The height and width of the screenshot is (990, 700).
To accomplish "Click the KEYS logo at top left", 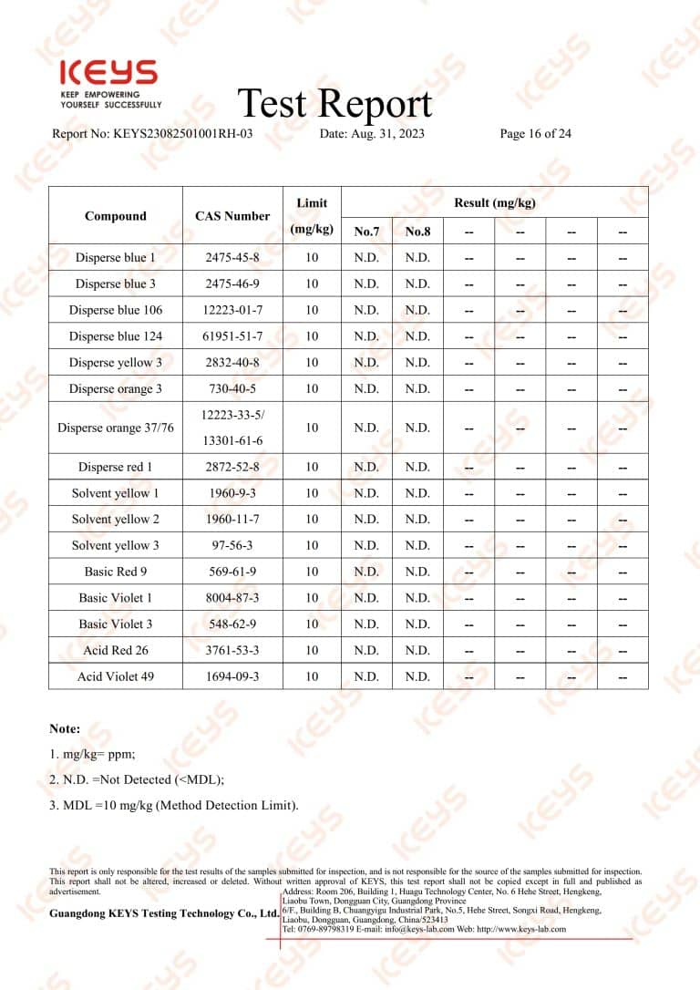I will pos(108,74).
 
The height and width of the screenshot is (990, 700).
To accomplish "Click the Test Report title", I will pos(335,103).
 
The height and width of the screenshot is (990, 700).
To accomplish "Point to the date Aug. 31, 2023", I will pos(372,134).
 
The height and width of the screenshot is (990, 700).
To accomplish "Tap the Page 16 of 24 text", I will pos(536,134).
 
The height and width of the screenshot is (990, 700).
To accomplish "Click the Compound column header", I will pos(116,216).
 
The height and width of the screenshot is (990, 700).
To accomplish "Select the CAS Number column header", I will pos(232,216).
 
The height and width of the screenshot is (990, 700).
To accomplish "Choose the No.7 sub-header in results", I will pos(366,232).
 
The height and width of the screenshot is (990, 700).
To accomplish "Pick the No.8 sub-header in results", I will pos(417,232).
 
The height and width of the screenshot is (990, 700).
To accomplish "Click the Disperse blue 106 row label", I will pos(116,310).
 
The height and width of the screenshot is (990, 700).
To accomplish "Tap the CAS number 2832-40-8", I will pos(232,363).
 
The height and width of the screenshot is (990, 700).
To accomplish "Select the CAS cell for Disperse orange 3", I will pos(232,389).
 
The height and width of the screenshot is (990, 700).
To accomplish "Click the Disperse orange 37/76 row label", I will pos(116,428).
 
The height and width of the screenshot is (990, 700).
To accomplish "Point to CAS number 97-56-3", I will pos(232,546).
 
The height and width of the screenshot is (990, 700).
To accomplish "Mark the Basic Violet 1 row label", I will pos(116,598).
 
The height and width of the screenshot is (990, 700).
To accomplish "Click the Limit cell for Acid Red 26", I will pos(312,651).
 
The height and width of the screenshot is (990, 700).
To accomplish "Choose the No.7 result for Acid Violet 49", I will pos(366,677).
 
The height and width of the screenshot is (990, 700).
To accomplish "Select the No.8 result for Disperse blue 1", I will pos(417,258).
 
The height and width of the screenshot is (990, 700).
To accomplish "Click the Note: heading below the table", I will pos(65,729).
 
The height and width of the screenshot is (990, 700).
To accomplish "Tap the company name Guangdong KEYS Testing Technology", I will pos(164,913).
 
